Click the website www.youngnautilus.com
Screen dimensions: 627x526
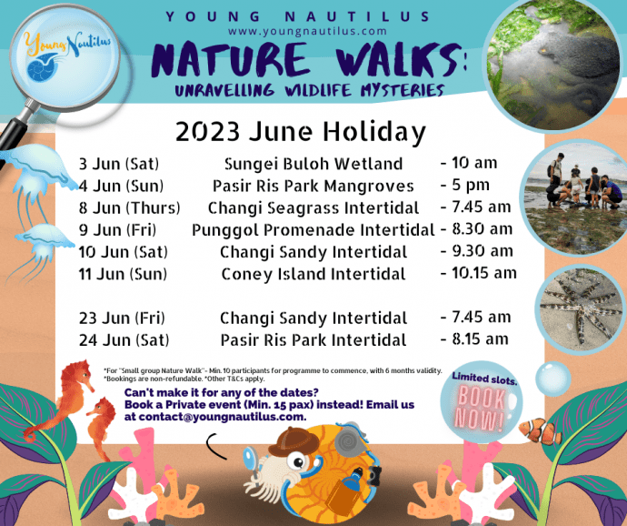(307, 31)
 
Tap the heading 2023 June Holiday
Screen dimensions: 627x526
(301, 132)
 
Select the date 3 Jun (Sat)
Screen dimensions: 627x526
(119, 164)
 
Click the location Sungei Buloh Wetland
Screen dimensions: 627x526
(313, 164)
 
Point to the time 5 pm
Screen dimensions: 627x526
(471, 185)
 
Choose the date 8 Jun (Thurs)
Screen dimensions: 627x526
(130, 207)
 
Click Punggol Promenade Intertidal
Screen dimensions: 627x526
(313, 230)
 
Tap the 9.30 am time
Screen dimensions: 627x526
(483, 251)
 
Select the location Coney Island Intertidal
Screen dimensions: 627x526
(313, 274)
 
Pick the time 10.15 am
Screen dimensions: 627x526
(484, 273)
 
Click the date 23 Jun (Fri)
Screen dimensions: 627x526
(122, 319)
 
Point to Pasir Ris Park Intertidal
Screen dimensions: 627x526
(313, 340)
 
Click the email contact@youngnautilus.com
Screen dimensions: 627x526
(221, 417)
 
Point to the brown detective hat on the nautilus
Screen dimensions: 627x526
(294, 441)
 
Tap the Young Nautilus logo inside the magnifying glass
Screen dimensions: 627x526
(66, 56)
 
